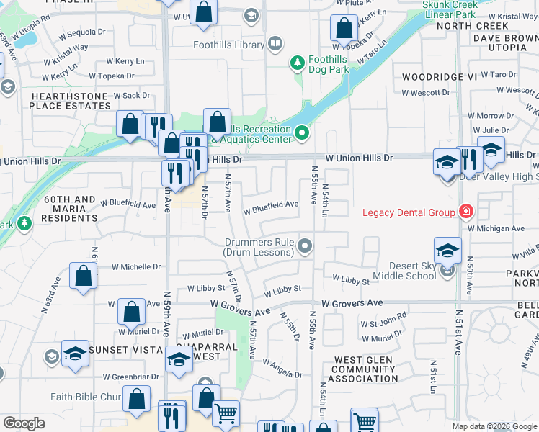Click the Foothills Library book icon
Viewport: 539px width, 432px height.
[x=275, y=45]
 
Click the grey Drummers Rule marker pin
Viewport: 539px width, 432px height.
[x=306, y=247]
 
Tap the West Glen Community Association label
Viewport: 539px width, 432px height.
[x=363, y=369]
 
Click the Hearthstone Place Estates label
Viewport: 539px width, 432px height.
[x=70, y=100]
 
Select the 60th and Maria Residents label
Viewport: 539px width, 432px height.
[x=68, y=208]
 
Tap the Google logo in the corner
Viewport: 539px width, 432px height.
[x=24, y=423]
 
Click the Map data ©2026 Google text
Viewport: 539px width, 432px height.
[x=494, y=426]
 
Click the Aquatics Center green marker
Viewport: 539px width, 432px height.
[x=301, y=131]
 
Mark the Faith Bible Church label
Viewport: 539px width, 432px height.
[x=84, y=397]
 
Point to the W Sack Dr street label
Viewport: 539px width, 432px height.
[x=126, y=95]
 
